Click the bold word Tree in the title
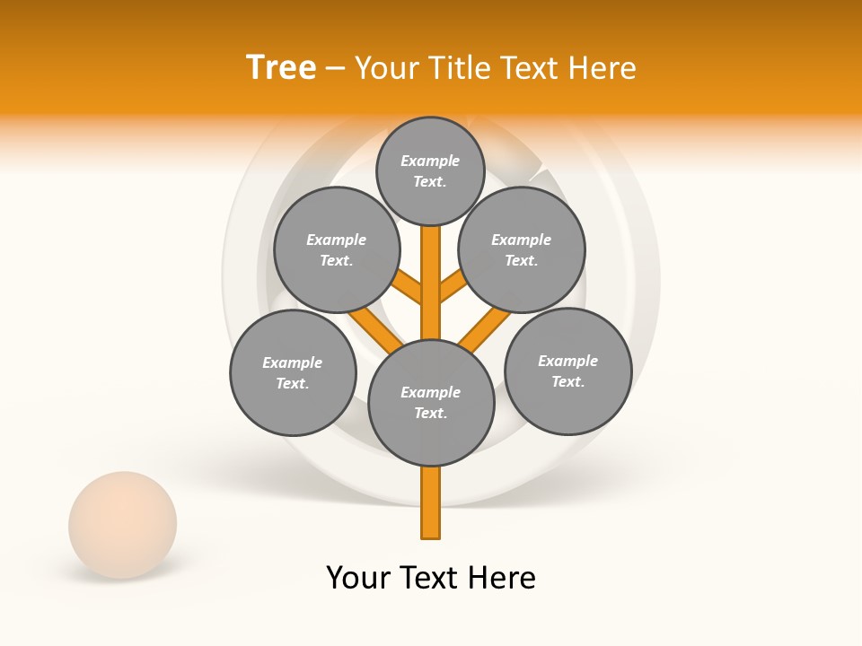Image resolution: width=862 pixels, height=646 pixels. coord(281,67)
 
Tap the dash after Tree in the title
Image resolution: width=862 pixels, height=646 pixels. coord(335,69)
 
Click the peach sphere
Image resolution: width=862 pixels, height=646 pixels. coord(122,524)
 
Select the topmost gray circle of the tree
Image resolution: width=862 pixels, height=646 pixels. coord(430,170)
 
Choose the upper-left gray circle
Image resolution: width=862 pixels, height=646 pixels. coord(336,249)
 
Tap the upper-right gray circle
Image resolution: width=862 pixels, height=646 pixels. coord(522,249)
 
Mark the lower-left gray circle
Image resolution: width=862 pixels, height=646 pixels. coord(293,372)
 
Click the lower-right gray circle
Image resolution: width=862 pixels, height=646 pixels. coord(567,371)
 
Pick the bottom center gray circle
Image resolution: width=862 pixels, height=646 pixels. coord(431,403)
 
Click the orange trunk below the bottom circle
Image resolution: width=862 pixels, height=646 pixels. coord(431,502)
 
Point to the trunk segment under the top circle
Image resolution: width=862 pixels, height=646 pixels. coord(431,269)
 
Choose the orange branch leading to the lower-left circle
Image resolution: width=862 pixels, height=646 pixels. coord(375,328)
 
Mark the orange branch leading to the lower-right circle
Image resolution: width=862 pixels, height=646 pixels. coord(486,328)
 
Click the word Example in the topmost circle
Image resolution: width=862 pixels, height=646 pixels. coord(430,161)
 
